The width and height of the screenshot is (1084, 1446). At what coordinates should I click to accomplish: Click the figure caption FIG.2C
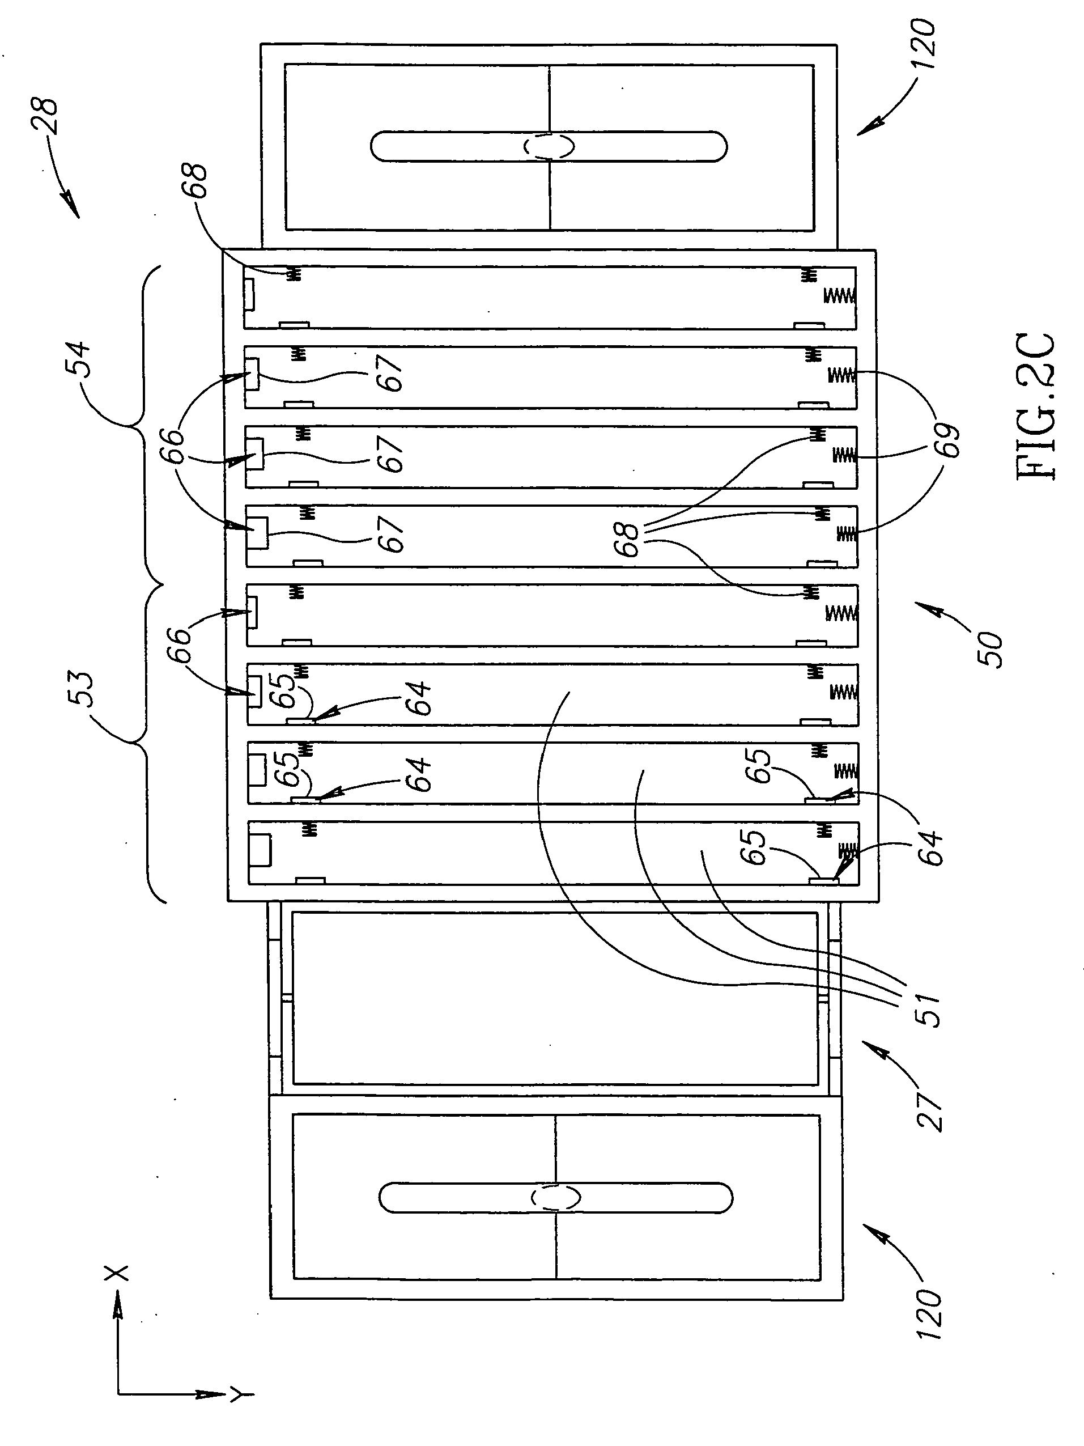[x=1036, y=408]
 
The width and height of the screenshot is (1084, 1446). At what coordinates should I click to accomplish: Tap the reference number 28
[x=47, y=116]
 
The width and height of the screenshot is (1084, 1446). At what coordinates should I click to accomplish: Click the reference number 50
[x=991, y=648]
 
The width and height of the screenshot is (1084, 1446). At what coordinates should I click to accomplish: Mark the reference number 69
[x=948, y=440]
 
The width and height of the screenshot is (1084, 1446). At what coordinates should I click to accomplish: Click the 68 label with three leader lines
[x=628, y=538]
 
